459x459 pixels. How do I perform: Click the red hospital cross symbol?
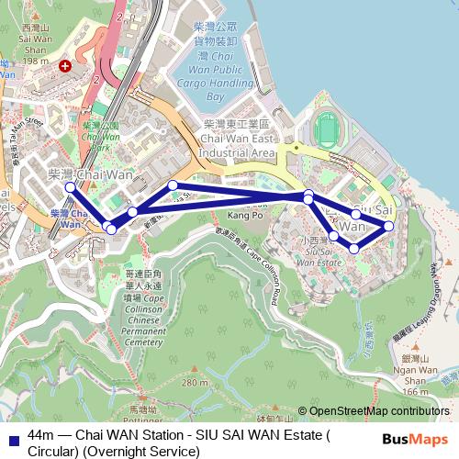[64, 66]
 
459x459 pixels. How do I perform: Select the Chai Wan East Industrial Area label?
[238, 138]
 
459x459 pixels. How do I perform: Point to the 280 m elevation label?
[195, 382]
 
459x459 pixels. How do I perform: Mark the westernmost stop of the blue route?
[70, 187]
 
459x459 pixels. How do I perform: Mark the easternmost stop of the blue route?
[389, 225]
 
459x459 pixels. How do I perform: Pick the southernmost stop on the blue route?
[354, 249]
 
